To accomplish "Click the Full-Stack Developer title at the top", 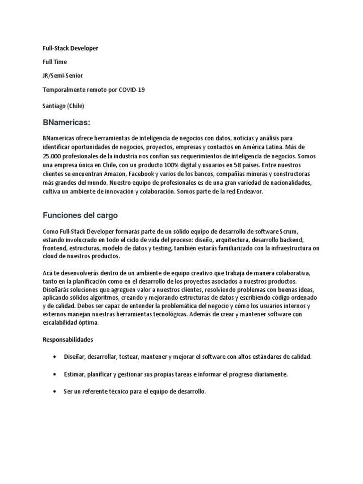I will click(70, 48).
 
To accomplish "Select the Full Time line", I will click(55, 62).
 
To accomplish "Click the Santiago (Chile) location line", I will click(63, 106).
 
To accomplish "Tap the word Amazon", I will click(111, 174).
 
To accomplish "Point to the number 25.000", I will click(53, 157).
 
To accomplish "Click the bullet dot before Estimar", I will click(57, 374).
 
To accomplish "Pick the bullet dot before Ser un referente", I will click(57, 392).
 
